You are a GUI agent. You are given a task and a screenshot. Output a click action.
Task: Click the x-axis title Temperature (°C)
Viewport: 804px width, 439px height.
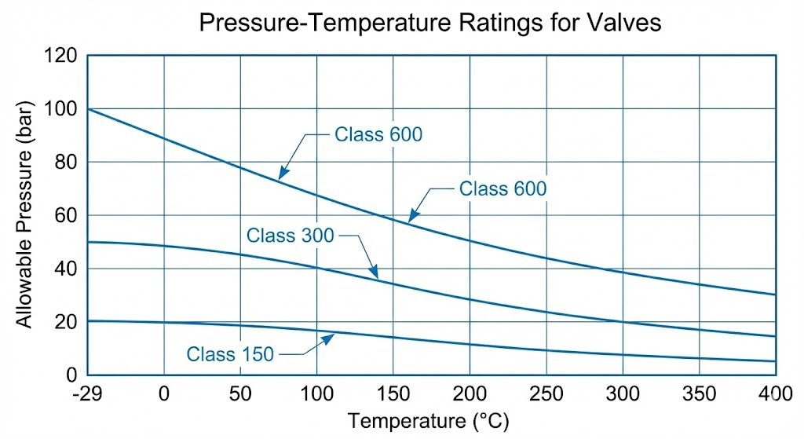tap(428, 421)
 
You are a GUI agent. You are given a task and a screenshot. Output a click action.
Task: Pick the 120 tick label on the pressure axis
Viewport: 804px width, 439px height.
tap(62, 56)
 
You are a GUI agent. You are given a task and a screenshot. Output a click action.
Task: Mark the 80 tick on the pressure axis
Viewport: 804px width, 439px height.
tap(67, 163)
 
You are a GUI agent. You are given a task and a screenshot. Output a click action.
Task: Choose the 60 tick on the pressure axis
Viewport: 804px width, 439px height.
tap(67, 216)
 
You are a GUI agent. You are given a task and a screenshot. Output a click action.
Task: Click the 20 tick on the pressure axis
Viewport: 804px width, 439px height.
tap(67, 322)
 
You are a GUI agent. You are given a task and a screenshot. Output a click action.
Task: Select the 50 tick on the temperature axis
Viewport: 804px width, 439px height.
tap(239, 393)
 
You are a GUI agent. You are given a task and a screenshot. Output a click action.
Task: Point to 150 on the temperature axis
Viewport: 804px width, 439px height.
tap(393, 393)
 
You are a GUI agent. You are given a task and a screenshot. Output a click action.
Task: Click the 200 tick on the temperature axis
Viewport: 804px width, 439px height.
tap(470, 393)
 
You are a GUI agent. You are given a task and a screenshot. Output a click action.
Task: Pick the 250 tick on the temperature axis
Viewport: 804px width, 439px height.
tap(546, 393)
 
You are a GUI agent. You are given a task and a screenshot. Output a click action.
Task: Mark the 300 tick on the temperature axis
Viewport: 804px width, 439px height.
tap(623, 393)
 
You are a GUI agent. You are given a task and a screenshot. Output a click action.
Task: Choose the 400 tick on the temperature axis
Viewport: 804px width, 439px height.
tap(774, 393)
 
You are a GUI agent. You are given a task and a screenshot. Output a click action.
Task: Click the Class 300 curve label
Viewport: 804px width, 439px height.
tap(290, 235)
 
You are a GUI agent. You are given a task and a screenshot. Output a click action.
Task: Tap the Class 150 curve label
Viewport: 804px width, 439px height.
tap(230, 354)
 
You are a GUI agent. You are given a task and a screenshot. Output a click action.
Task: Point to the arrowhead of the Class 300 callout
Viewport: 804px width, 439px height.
tap(377, 277)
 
